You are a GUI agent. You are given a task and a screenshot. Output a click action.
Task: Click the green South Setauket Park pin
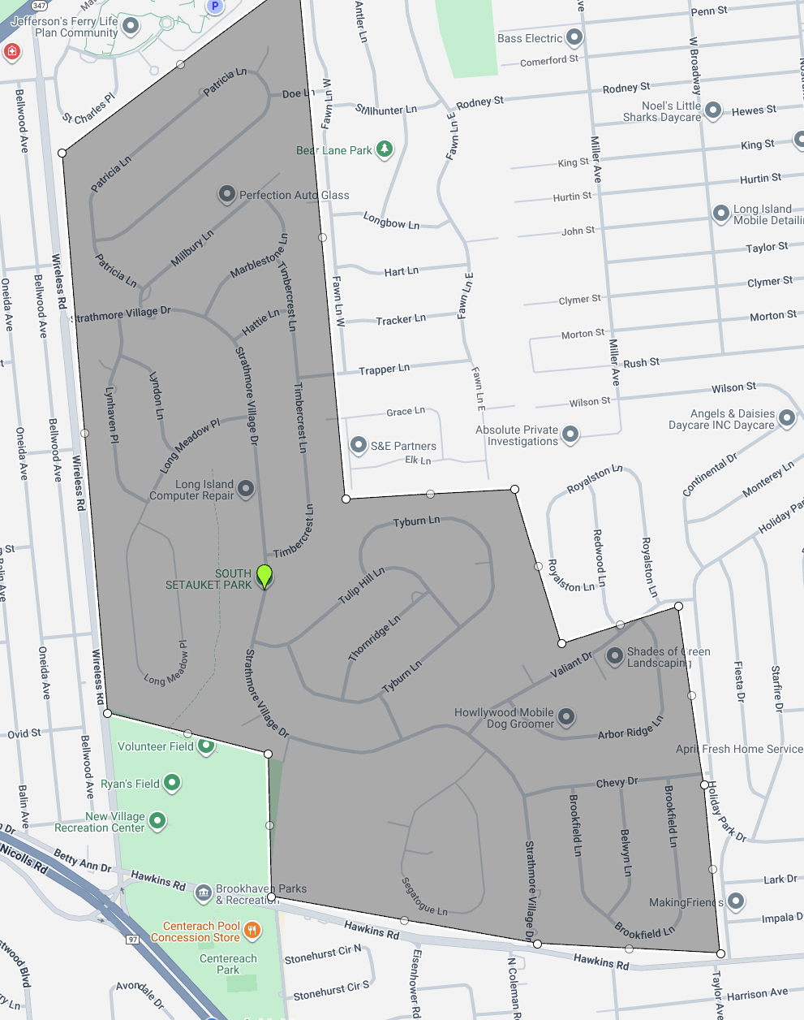pos(264,576)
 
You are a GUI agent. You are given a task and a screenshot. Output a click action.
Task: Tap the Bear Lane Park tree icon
pos(385,149)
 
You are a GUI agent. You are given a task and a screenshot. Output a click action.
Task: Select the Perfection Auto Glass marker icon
pos(226,195)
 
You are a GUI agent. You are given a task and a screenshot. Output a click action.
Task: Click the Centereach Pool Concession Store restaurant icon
pos(252,931)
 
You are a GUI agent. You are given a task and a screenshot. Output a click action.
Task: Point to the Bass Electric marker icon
pos(574,37)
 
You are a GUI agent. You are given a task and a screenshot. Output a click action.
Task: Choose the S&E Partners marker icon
pos(358,445)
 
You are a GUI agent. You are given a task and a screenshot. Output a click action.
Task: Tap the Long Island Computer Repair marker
pos(246,489)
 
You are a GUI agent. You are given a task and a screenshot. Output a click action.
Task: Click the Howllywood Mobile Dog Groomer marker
pos(566,716)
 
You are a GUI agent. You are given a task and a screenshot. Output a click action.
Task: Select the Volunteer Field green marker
pos(206,746)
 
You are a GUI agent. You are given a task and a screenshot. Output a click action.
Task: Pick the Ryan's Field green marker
pos(171,783)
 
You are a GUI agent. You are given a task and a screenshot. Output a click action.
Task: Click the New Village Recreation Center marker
pos(157,821)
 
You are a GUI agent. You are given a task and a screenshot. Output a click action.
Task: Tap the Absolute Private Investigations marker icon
pos(570,434)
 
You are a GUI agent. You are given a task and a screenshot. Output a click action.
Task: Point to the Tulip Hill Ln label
pos(361,586)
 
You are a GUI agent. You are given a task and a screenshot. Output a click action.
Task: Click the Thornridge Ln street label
pos(374,637)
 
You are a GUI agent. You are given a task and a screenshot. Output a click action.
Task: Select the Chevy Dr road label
pos(617,783)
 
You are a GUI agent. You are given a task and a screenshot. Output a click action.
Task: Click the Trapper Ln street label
pos(384,370)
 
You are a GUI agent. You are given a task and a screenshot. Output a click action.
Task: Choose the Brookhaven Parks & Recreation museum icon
pos(204,894)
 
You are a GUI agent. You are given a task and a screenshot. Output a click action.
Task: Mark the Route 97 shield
pos(134,939)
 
